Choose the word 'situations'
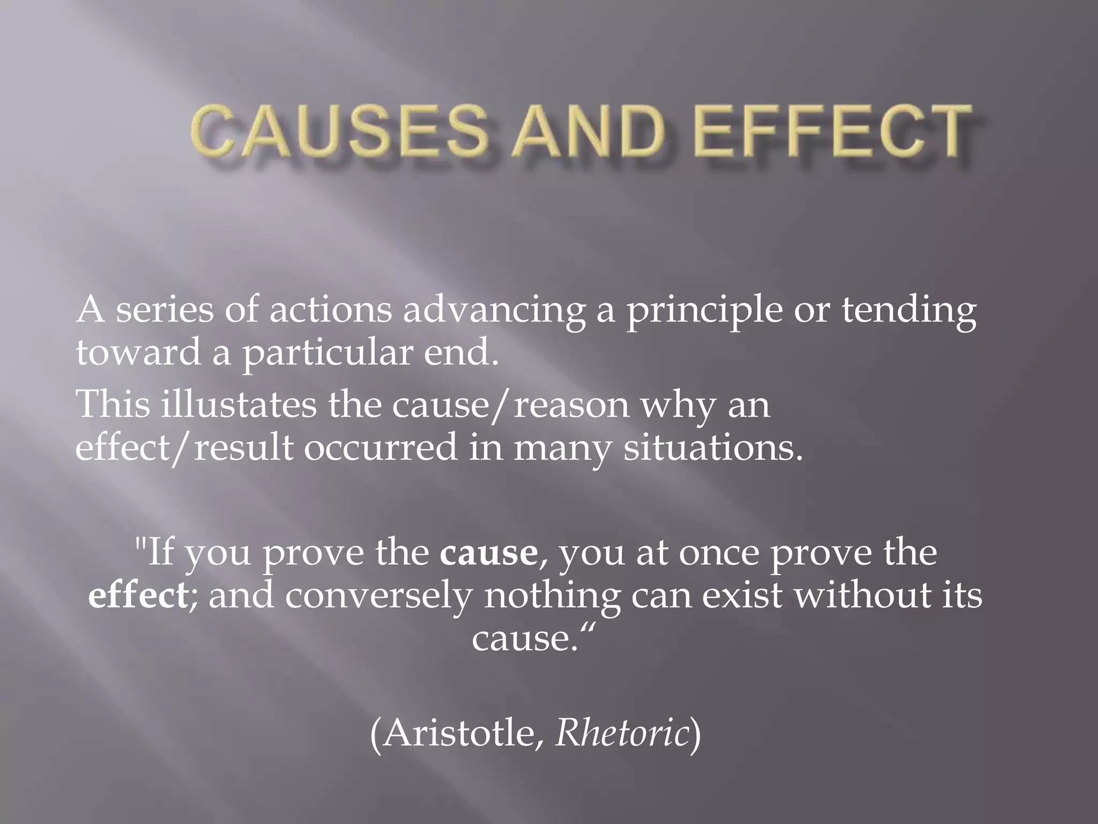(713, 448)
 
